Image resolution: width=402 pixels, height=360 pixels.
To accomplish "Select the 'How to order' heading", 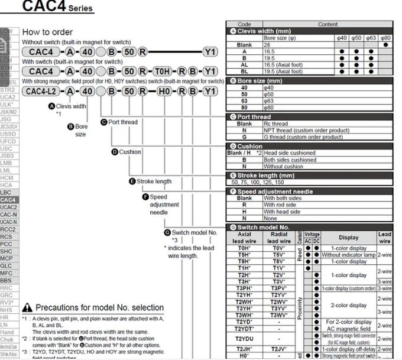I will pos(47,32).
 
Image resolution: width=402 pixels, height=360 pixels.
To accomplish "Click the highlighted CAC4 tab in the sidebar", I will pos(9,200).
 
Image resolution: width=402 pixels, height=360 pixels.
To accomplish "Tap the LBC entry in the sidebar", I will pos(7,193).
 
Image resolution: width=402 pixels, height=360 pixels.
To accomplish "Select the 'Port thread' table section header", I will pos(257,117).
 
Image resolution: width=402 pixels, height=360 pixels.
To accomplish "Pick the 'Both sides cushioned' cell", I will pos(290,160).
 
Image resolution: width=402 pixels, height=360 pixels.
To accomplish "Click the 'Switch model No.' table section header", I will pos(267,227).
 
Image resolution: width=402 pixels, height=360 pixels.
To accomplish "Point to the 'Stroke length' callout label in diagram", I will pos(154,181).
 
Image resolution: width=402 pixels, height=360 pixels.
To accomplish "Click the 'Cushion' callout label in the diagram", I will pos(130,152).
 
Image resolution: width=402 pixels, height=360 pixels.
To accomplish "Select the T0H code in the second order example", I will pos(162,71).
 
